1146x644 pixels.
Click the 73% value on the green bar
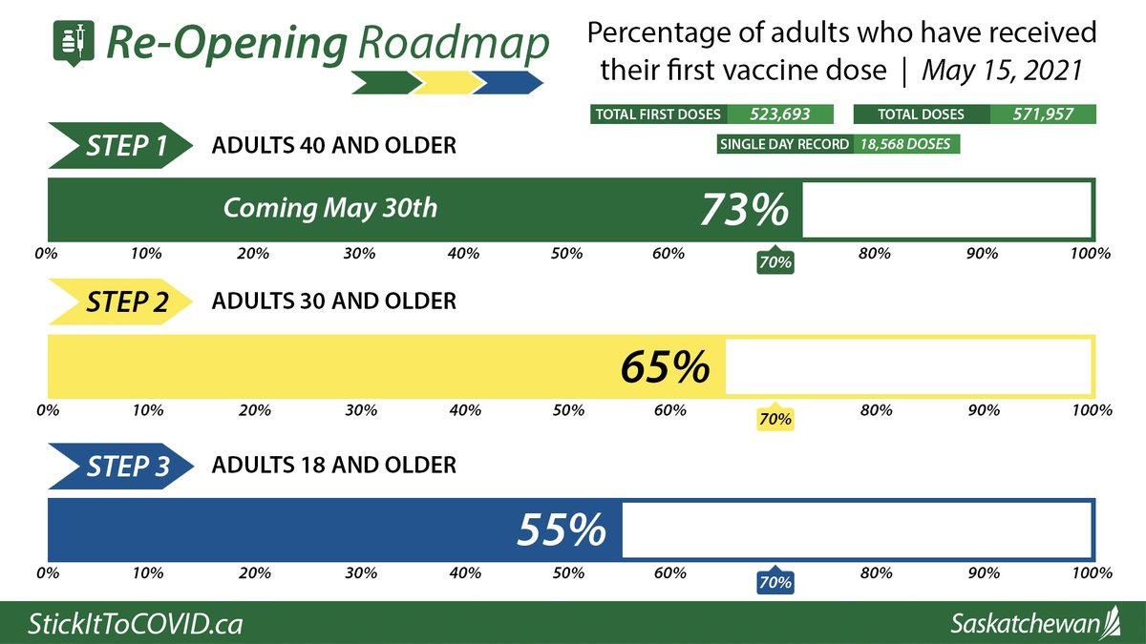point(745,210)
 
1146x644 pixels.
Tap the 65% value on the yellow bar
point(666,367)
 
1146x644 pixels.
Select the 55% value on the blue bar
point(562,530)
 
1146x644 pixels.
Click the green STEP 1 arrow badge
point(114,147)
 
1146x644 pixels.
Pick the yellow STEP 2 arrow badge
point(114,302)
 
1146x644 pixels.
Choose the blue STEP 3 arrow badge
point(114,467)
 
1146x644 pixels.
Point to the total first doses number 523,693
point(779,114)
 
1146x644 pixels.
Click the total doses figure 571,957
point(1042,114)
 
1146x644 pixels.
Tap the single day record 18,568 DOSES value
point(907,144)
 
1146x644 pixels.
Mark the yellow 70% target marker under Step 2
point(775,419)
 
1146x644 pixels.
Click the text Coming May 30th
point(329,208)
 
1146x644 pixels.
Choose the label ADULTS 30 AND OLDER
point(333,301)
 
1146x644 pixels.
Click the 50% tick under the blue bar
point(567,573)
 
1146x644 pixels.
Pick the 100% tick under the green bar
point(1091,254)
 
